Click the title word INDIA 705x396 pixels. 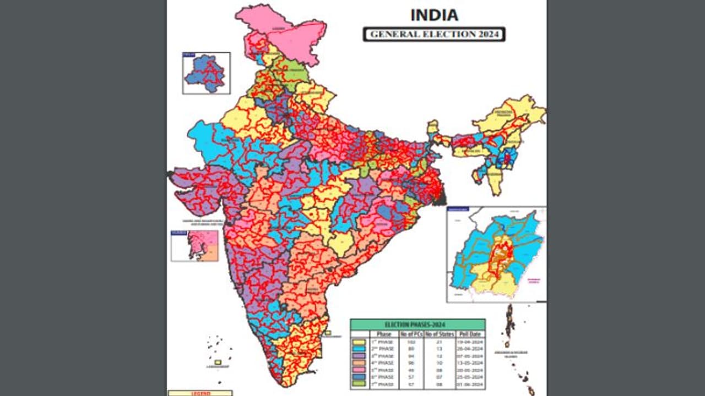tap(434, 15)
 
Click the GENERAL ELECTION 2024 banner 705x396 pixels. tap(434, 34)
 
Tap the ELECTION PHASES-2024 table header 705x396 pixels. tap(417, 324)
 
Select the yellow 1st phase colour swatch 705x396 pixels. tap(359, 342)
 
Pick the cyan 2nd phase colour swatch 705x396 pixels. tap(359, 349)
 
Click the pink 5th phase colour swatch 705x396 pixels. tap(359, 370)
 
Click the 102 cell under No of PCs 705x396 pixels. tap(410, 342)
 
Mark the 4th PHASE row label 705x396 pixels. tap(384, 363)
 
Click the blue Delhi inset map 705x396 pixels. tap(207, 73)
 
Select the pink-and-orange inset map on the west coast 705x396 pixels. tap(194, 246)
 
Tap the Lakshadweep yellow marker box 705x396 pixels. tap(218, 362)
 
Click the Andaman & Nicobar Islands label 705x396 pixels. tap(517, 353)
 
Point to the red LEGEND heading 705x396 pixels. tap(199, 393)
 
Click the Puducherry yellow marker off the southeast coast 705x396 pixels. tap(328, 333)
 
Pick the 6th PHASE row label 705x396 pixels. tap(384, 377)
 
